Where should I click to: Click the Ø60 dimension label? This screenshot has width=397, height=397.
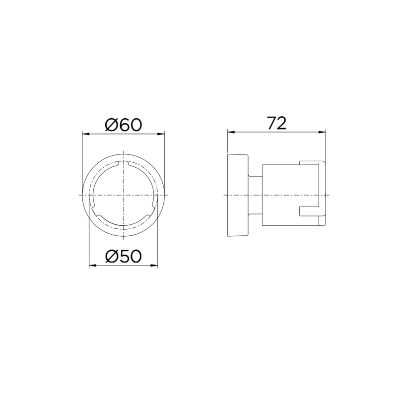click(x=123, y=125)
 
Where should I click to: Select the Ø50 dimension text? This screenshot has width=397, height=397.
click(x=123, y=256)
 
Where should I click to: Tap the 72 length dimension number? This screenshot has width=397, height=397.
click(x=277, y=123)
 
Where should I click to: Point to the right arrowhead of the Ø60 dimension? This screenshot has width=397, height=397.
click(x=161, y=134)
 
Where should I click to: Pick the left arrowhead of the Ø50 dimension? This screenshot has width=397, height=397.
click(x=93, y=265)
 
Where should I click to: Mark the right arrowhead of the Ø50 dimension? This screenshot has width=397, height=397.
click(x=154, y=265)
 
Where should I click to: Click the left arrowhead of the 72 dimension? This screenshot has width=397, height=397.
click(x=231, y=132)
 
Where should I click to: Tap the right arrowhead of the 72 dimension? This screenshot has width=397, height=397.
click(x=322, y=132)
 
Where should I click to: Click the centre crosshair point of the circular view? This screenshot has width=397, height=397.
click(x=123, y=195)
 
